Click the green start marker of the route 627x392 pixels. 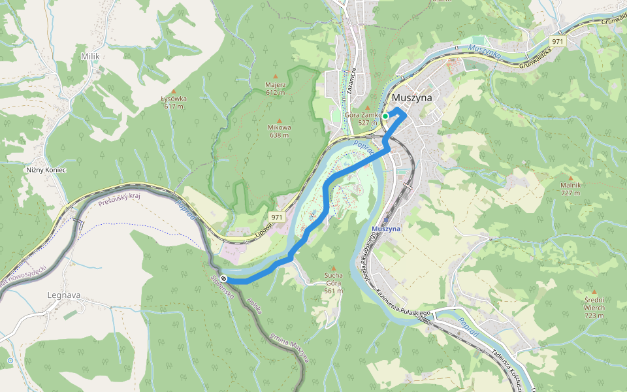pos(385,116)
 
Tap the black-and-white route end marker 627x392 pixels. pos(224,279)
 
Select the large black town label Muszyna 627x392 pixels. pos(411,98)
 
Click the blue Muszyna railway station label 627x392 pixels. pos(385,229)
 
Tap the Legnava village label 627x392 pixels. pos(64,295)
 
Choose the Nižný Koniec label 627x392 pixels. pos(46,170)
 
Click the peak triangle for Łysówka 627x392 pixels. pos(174,91)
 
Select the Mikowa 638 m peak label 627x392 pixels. pos(279,131)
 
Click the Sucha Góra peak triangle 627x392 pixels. pos(333,269)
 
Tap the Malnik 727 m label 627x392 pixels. pos(570,189)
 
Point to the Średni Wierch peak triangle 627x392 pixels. pos(594,292)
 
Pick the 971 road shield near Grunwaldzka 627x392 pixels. pos(556,41)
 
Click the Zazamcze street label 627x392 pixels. pos(351,82)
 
